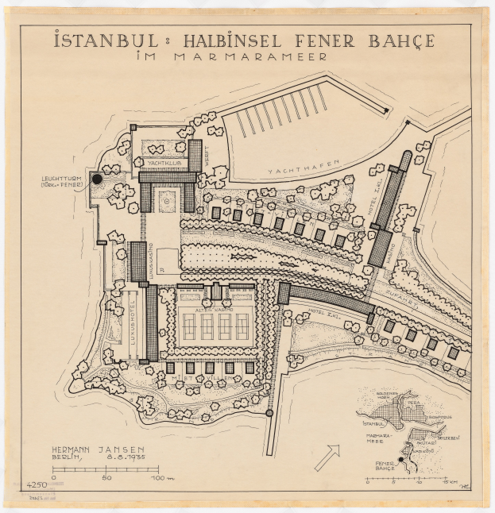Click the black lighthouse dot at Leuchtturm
97,179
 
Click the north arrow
327,457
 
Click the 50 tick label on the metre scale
106,478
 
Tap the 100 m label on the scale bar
161,478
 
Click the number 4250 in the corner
37,485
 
